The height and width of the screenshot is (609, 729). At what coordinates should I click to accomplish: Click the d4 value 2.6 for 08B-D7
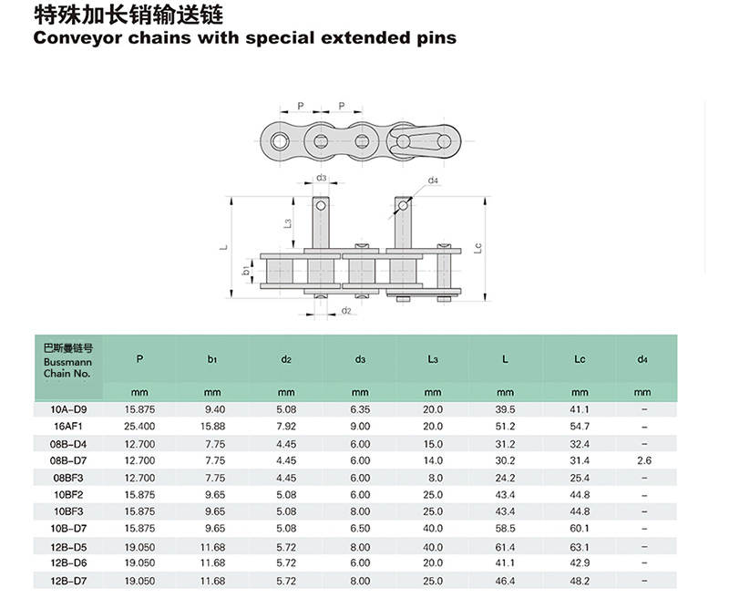pos(644,460)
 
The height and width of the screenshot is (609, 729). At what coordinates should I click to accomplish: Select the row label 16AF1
pos(67,426)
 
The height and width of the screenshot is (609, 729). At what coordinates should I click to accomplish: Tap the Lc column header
pos(580,359)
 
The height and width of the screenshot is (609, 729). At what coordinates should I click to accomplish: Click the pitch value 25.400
pos(139,426)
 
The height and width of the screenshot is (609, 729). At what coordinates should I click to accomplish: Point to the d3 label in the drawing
pos(322,178)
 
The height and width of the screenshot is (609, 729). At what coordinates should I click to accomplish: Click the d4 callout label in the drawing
pos(433,180)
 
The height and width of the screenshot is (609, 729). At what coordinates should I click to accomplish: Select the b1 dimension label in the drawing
pos(246,270)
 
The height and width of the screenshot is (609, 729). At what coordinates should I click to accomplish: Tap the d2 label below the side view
pos(346,310)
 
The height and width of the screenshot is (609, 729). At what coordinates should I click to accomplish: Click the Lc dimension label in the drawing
pos(477,248)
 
